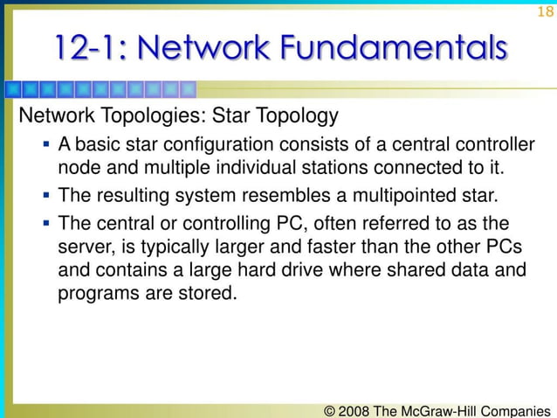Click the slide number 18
545,11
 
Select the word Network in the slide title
217,47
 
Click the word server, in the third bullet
86,246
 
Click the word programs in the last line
93,295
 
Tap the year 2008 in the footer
357,408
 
